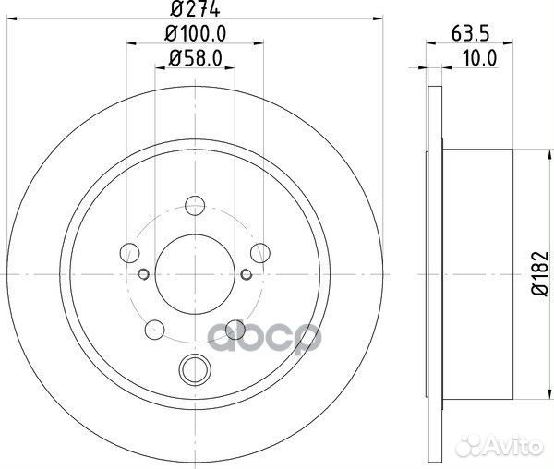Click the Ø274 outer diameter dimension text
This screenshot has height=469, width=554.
(x=194, y=12)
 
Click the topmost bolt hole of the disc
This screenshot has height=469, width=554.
(x=195, y=206)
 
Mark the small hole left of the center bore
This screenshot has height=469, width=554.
(x=143, y=272)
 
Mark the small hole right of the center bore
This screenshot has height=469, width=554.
(x=246, y=272)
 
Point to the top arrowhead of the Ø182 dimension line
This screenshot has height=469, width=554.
(x=513, y=152)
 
